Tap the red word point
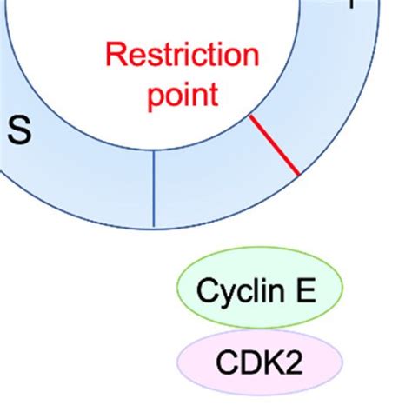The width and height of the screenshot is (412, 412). [182, 94]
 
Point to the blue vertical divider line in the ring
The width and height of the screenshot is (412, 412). [154, 188]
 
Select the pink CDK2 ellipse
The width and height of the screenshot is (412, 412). [261, 360]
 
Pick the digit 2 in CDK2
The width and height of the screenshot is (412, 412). [294, 361]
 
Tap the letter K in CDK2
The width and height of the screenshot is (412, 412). [273, 361]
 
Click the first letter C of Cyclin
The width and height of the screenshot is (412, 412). [207, 290]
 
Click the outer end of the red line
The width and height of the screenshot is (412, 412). [299, 175]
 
